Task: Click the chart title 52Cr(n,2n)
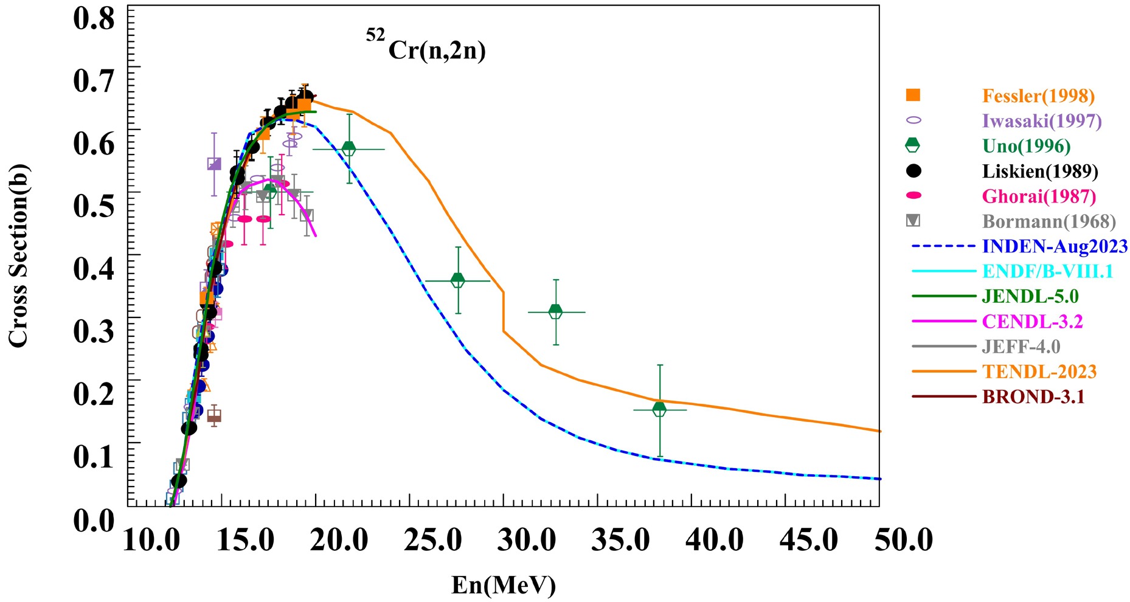[426, 46]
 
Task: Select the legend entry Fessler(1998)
[1038, 96]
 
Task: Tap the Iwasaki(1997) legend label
[1042, 121]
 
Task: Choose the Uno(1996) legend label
[1027, 146]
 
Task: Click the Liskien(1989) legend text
[1040, 171]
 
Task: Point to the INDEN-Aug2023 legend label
[1055, 246]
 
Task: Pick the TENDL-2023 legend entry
[1039, 372]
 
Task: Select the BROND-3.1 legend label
[1033, 396]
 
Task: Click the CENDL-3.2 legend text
[1032, 321]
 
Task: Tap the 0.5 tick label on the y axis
[94, 206]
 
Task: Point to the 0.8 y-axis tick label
[94, 18]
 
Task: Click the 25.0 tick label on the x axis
[432, 540]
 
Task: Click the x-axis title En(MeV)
[504, 585]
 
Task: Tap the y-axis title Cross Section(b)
[18, 255]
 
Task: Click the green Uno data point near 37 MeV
[659, 409]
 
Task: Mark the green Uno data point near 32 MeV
[555, 311]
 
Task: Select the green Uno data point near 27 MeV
[458, 280]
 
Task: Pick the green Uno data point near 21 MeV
[349, 148]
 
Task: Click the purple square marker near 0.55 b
[213, 164]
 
